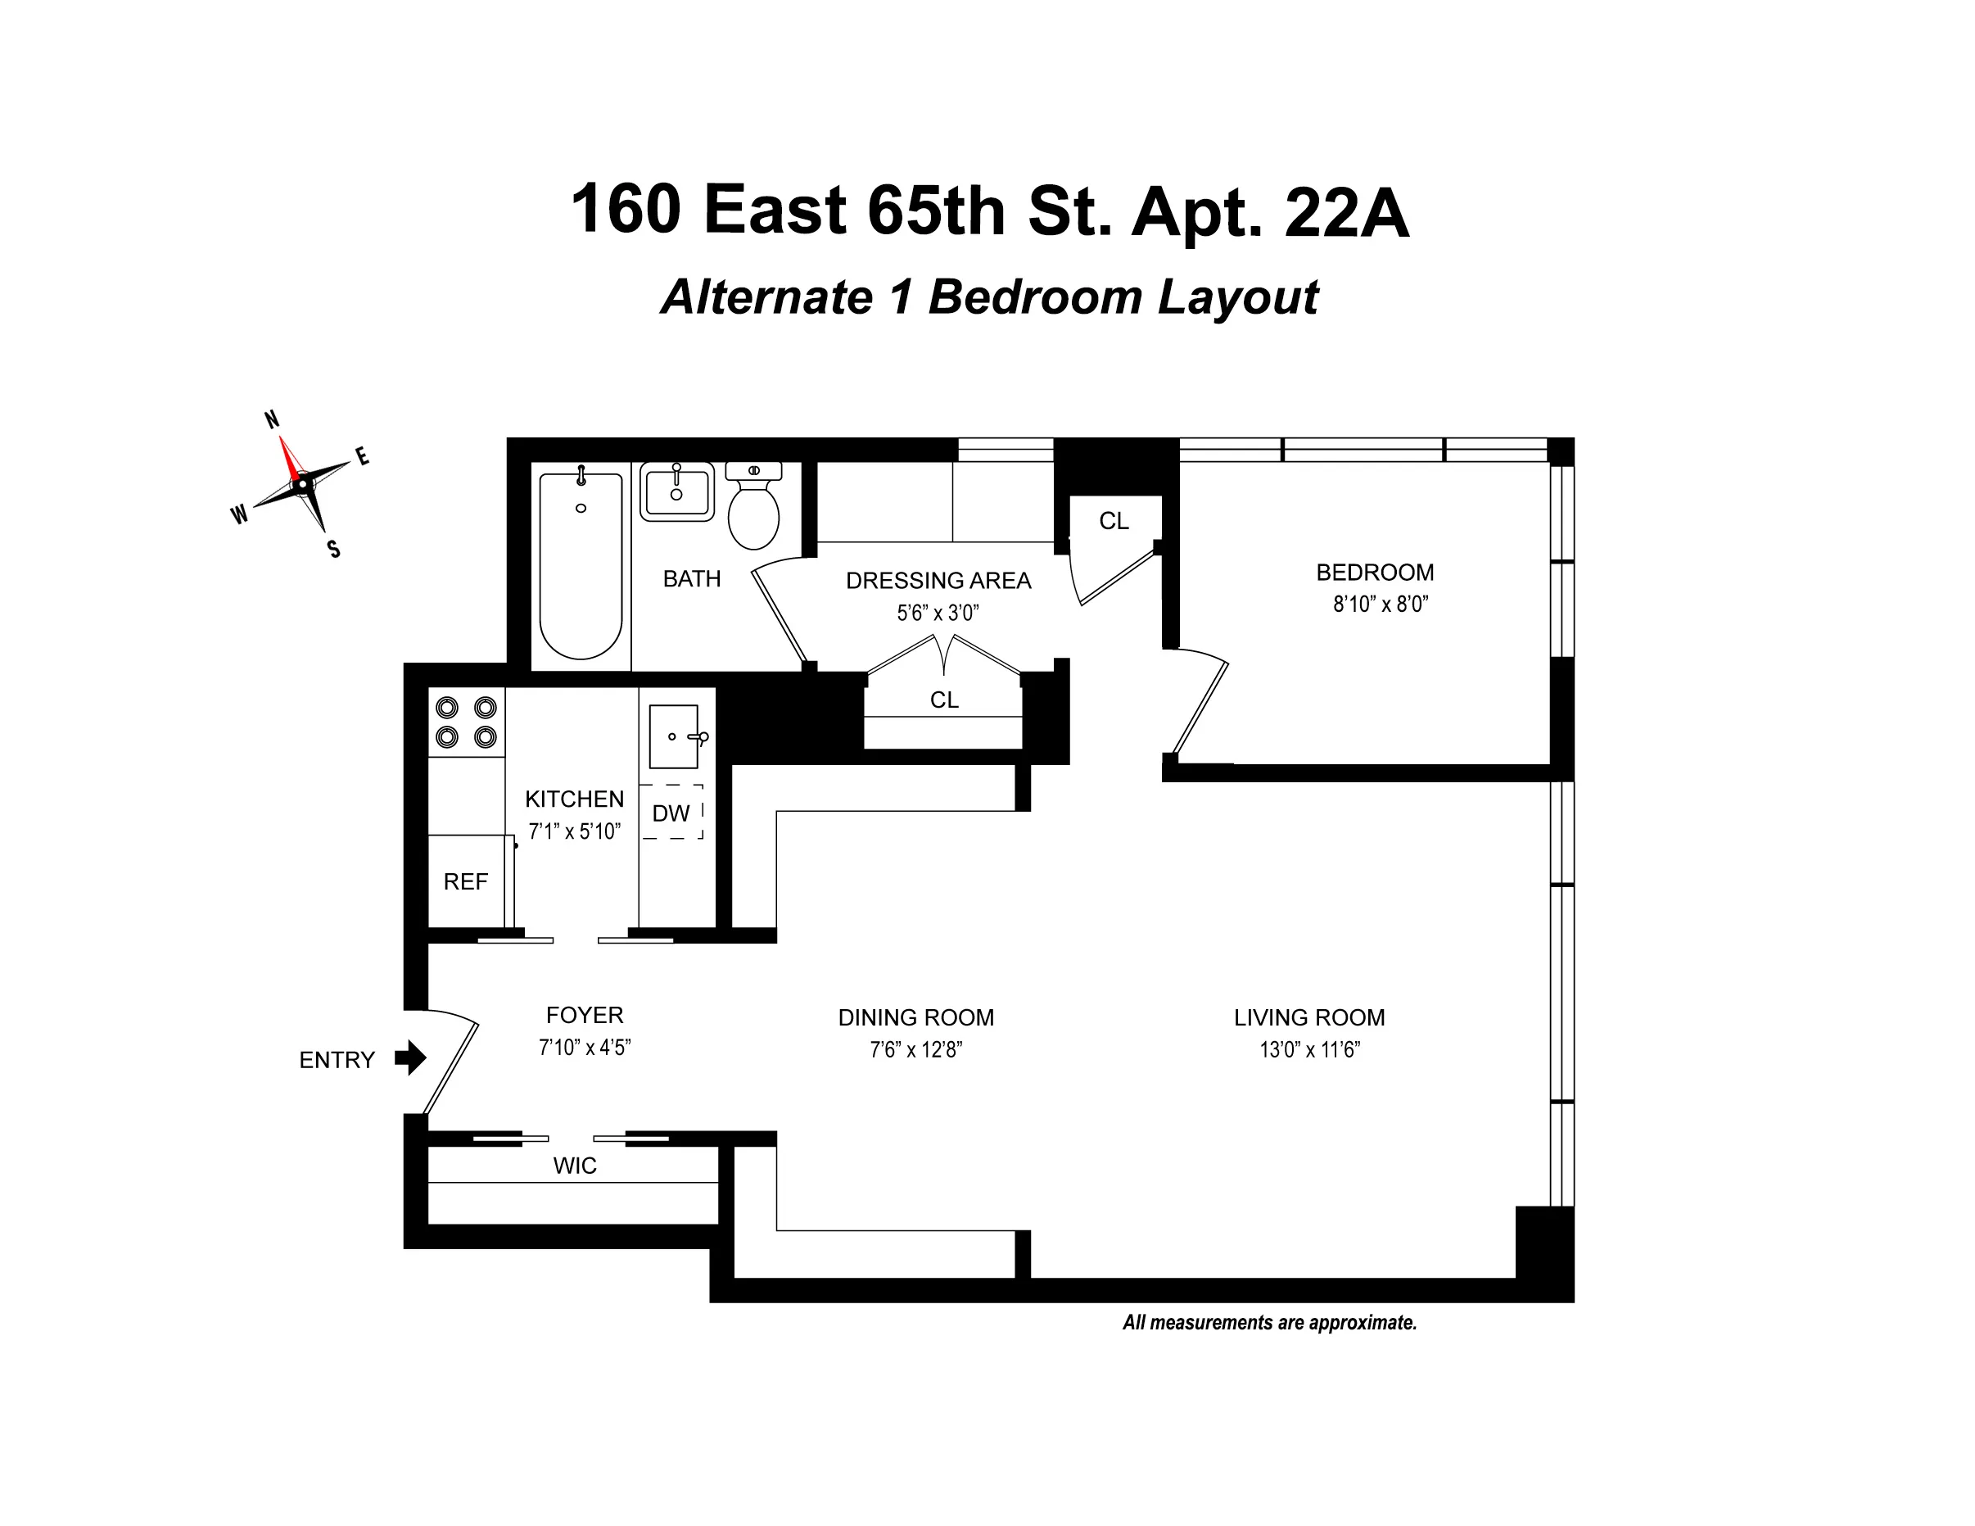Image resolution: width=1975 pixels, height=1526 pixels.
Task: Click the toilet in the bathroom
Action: click(x=753, y=510)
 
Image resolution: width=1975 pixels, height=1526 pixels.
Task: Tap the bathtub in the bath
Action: click(x=581, y=566)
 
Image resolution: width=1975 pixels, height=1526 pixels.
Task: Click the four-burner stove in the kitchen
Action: click(x=466, y=722)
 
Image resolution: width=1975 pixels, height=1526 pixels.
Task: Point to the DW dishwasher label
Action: click(x=671, y=813)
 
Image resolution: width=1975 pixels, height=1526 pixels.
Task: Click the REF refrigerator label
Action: click(x=466, y=881)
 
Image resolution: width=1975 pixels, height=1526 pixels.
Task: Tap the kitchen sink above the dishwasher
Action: click(x=675, y=736)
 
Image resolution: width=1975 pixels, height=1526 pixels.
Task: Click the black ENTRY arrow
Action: click(x=410, y=1057)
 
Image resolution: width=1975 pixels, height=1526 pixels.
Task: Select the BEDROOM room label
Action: click(x=1375, y=573)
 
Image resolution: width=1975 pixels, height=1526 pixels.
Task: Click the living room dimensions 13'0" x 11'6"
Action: click(x=1309, y=1050)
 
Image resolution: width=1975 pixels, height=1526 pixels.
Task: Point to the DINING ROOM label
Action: click(x=916, y=1017)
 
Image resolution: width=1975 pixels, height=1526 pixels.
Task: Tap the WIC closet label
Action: click(x=575, y=1166)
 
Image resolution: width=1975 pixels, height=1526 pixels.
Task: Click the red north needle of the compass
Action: click(x=289, y=460)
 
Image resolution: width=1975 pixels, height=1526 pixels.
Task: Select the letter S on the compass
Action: click(x=334, y=549)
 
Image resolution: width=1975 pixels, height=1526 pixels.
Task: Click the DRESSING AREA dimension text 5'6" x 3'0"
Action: click(x=938, y=614)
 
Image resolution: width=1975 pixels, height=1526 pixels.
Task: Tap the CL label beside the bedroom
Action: click(x=1114, y=521)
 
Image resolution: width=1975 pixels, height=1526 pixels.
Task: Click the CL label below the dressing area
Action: click(x=944, y=700)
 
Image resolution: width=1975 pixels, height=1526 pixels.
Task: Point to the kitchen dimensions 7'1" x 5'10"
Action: click(x=574, y=831)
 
